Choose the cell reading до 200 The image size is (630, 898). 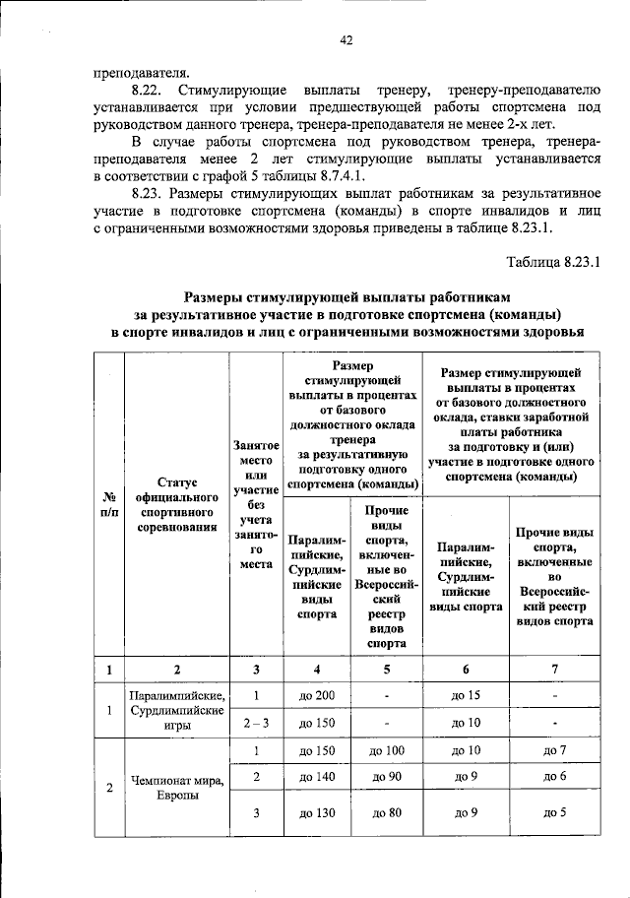[x=317, y=696]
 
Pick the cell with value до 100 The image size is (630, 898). [x=388, y=751]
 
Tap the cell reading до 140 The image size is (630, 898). [x=317, y=777]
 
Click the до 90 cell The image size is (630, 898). [x=388, y=777]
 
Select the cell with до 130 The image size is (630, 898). [x=317, y=813]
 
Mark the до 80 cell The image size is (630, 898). [x=388, y=813]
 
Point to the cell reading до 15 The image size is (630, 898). [x=465, y=696]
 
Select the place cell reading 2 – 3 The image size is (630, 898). [x=255, y=724]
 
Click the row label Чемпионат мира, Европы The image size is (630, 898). [x=176, y=788]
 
